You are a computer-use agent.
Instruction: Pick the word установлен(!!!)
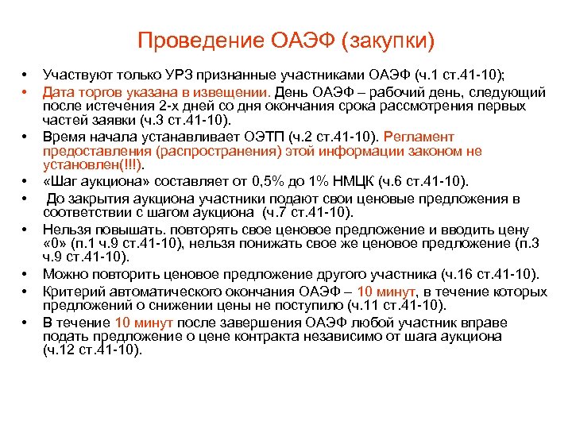pyautogui.click(x=83, y=165)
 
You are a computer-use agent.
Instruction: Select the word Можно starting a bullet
pyautogui.click(x=66, y=275)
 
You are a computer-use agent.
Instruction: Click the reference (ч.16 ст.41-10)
pyautogui.click(x=490, y=275)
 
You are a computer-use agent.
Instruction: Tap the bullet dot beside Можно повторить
pyautogui.click(x=25, y=275)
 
